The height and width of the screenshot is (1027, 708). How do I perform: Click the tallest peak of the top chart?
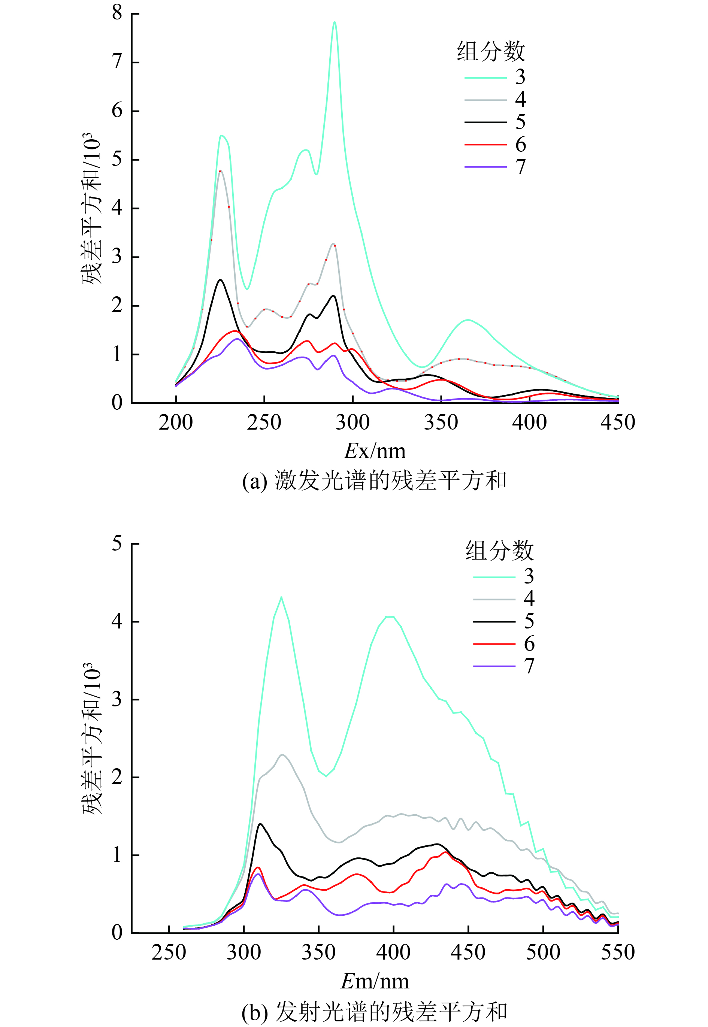click(x=335, y=22)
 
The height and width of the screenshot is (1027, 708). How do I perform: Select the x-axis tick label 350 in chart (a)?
click(x=441, y=422)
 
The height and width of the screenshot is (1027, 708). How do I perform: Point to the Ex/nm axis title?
click(x=375, y=451)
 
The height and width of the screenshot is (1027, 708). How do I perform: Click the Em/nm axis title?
click(x=375, y=981)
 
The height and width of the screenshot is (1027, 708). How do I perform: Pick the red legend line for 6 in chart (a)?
click(x=485, y=145)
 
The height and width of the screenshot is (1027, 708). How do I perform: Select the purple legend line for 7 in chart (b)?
click(x=494, y=666)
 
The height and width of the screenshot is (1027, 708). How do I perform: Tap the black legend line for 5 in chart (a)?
click(x=485, y=122)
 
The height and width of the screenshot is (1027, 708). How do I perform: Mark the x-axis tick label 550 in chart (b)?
click(x=617, y=952)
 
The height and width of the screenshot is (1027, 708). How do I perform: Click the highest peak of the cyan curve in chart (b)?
click(x=281, y=598)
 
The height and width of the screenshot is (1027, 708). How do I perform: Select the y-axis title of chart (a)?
click(x=91, y=208)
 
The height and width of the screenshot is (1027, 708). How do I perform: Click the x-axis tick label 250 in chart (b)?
click(x=169, y=952)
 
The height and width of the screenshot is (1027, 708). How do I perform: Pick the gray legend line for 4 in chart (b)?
click(x=494, y=599)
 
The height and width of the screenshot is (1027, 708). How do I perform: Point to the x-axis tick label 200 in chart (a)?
click(x=176, y=422)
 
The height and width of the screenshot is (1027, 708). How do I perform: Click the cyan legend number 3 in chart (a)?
click(x=520, y=77)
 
